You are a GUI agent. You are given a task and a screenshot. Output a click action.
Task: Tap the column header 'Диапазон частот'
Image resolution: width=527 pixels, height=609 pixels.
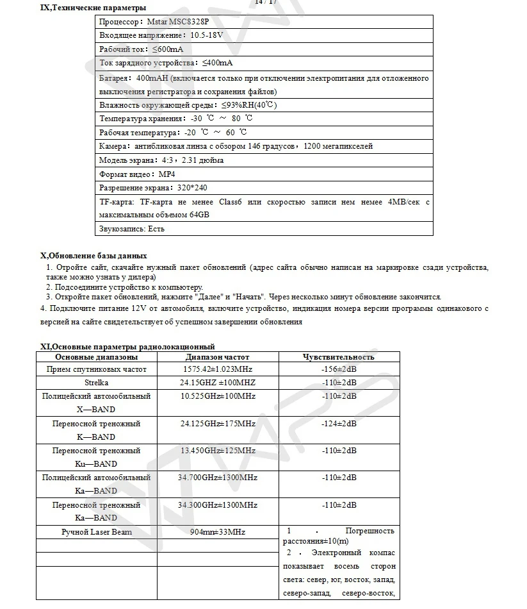tap(218, 357)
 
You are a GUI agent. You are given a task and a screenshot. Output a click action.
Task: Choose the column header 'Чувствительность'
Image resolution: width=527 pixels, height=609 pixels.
tap(339, 357)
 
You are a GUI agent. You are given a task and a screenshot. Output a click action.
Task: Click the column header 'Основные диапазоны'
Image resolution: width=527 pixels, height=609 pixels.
tap(96, 357)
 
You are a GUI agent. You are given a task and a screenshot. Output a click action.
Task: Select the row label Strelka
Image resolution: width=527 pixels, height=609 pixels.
tap(96, 383)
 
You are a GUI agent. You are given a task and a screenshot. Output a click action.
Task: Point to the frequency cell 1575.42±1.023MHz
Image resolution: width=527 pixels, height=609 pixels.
tap(218, 370)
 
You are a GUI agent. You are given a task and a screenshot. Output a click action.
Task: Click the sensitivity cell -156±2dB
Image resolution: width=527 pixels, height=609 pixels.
tap(339, 370)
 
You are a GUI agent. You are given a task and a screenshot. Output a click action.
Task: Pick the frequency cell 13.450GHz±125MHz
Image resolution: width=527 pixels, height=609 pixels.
tap(218, 451)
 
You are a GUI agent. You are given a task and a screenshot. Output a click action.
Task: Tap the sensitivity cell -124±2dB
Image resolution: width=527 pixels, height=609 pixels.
tap(339, 424)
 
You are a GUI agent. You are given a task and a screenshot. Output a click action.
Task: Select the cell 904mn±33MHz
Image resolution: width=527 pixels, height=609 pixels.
tap(218, 532)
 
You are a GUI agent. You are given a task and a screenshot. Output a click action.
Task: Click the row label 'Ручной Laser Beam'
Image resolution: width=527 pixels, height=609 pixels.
tap(96, 532)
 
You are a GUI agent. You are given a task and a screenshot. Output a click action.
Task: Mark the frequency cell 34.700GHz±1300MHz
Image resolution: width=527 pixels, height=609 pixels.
tap(218, 478)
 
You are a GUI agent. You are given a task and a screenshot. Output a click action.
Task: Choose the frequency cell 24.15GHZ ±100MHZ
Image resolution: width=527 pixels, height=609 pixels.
tap(218, 383)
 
